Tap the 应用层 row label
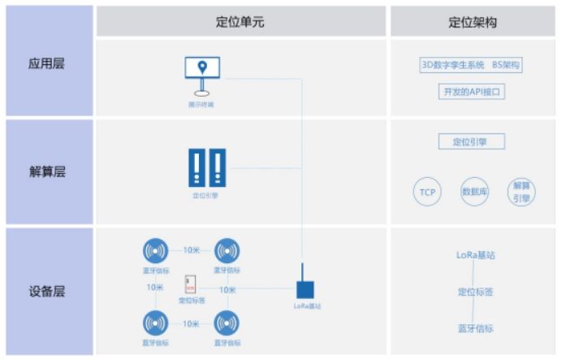click(x=46, y=62)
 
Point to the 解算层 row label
click(x=46, y=171)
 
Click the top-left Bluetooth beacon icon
click(x=157, y=252)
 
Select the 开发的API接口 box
click(x=471, y=91)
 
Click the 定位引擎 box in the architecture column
click(x=471, y=141)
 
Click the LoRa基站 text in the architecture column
click(x=475, y=255)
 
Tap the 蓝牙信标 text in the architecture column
click(x=475, y=328)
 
